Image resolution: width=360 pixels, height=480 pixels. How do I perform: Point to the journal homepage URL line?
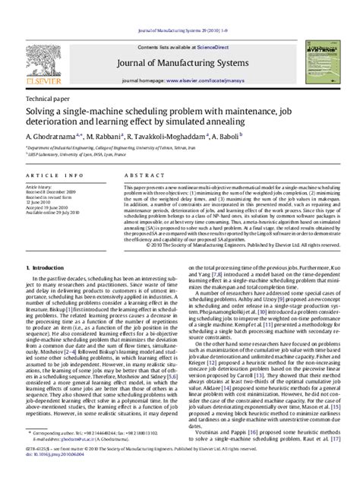click(x=180, y=77)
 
